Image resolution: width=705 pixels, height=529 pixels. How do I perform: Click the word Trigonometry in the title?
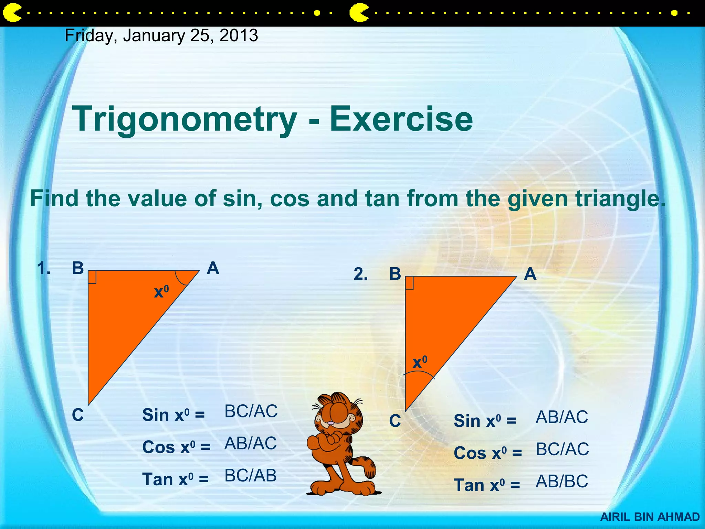pos(184,119)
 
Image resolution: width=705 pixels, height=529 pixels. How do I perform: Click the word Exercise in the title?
pos(401,119)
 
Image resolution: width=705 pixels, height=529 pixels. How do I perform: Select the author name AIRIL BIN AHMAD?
pos(650,517)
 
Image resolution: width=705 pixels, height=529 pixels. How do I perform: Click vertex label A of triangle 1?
pos(213,268)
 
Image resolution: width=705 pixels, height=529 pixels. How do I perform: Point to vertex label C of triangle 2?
pos(395,421)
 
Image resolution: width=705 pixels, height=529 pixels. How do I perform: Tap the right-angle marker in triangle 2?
pos(409,283)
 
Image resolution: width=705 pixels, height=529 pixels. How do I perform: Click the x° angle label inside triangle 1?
pos(161,292)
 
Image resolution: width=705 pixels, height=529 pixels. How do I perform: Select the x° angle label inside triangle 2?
pos(420,362)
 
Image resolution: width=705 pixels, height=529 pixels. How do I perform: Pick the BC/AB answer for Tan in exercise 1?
pos(250,476)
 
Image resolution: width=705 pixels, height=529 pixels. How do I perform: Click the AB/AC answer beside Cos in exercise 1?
pos(250,444)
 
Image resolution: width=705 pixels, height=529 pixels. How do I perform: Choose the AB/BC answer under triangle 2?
pos(561,481)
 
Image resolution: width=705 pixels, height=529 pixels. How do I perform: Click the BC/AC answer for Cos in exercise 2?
pos(562,449)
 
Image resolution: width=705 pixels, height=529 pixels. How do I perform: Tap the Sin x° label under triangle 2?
pos(484,421)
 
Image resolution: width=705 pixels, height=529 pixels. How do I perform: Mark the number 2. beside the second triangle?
pos(360,274)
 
